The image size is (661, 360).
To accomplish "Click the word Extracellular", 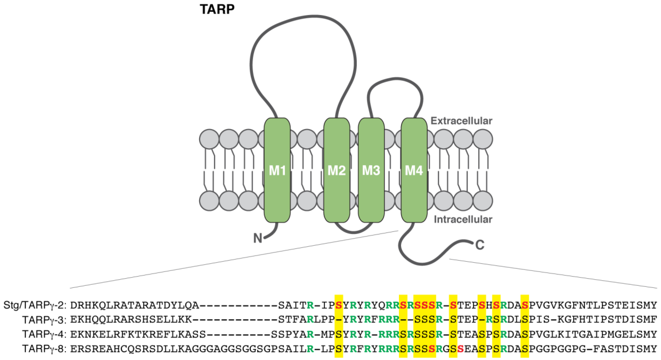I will (x=461, y=121).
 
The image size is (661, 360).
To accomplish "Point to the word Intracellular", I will (x=463, y=219).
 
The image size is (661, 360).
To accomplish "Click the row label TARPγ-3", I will (x=44, y=320).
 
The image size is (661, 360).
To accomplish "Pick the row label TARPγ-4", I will (x=44, y=334).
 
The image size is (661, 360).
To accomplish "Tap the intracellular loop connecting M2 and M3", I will (x=354, y=232).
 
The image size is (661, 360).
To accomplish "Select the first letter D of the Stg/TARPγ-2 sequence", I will (x=74, y=305).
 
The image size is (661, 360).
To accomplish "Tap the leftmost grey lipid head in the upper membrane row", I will (x=209, y=139).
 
